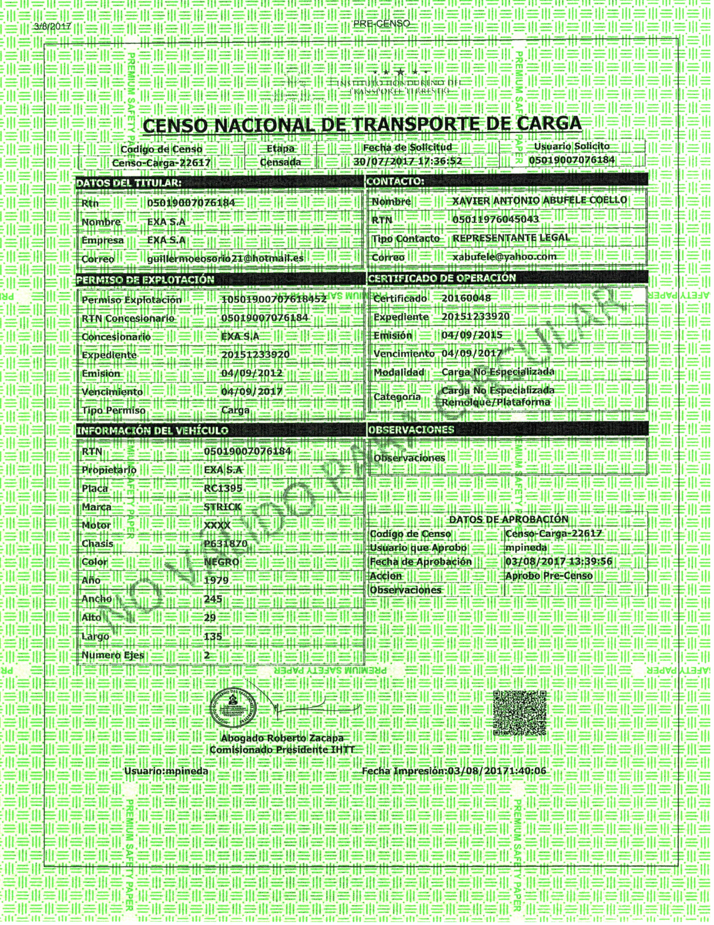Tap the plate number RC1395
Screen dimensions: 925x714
[223, 488]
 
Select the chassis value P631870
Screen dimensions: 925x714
[225, 543]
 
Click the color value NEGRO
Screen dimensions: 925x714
[221, 562]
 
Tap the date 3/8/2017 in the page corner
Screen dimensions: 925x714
[52, 27]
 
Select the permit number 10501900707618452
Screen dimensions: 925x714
[274, 299]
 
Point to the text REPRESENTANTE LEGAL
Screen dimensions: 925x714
[511, 238]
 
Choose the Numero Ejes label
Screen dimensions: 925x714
[113, 655]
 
